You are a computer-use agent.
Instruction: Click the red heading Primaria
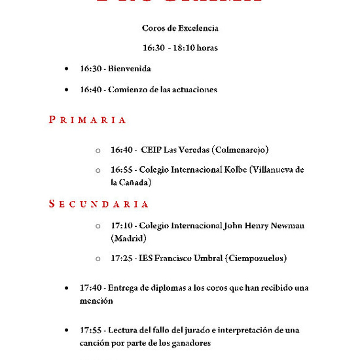(88, 120)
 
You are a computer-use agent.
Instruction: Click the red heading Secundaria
(99, 204)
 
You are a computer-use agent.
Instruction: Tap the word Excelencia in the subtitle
(195, 28)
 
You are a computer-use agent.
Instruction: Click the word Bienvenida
(130, 69)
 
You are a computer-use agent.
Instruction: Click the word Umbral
(204, 259)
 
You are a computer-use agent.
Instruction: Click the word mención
(97, 301)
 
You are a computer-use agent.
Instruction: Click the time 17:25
(121, 259)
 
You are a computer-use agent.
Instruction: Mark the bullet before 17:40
(67, 288)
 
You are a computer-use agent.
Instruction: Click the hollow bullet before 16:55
(98, 170)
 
